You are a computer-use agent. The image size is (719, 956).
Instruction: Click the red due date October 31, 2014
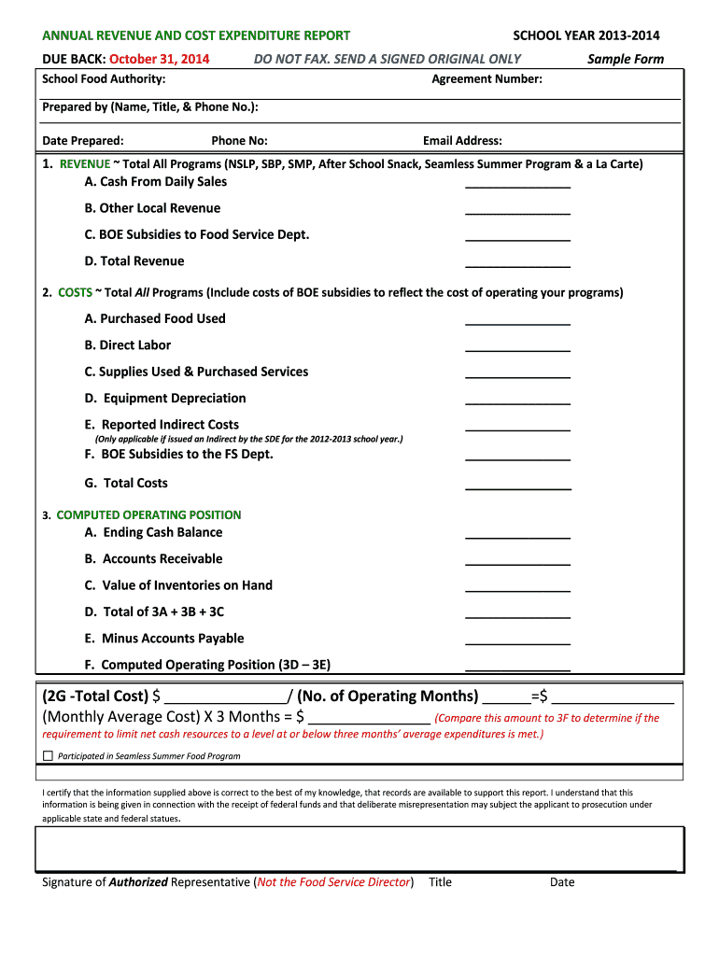coord(160,59)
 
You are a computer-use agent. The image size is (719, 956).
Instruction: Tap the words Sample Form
coord(626,59)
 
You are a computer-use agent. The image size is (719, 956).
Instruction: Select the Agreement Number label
coord(486,79)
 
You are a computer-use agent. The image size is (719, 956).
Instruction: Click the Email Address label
coord(462,141)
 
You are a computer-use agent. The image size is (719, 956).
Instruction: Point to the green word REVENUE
coord(84,164)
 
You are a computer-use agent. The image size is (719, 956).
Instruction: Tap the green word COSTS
coord(75,293)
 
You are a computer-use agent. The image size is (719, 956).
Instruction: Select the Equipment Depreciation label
coord(165,399)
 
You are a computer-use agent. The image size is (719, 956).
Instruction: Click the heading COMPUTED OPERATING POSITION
coord(148,515)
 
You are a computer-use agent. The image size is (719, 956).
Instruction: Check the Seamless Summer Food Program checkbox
coord(49,755)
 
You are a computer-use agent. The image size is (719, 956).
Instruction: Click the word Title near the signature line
coord(440,882)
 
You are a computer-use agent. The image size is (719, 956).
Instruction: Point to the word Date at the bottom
coord(562,882)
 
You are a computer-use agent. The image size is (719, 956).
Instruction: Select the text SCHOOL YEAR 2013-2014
coord(586,35)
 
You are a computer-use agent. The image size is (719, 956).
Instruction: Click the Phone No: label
coord(239,141)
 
